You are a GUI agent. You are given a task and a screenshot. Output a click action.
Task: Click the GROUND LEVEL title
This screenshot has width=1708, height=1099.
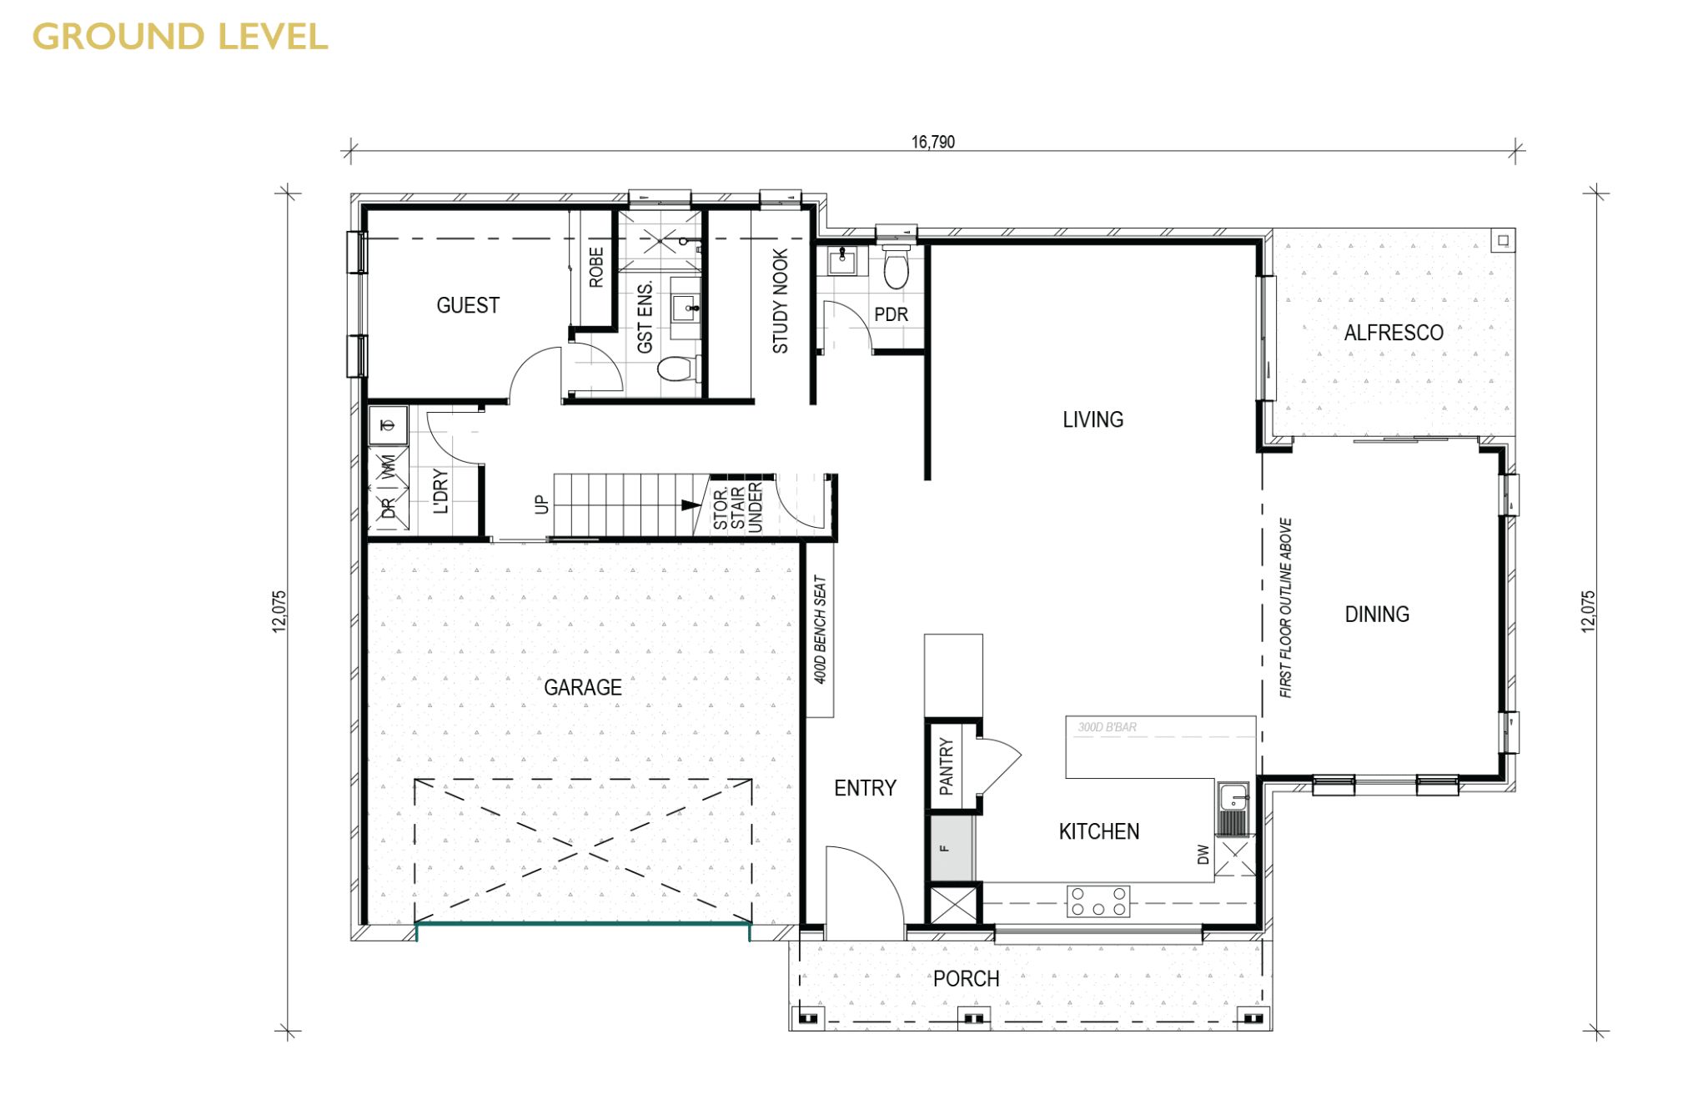(x=180, y=37)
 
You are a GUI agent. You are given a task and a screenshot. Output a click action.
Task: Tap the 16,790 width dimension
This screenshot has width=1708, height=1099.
(x=932, y=142)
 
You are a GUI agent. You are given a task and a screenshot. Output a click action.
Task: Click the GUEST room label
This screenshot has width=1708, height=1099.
(x=468, y=305)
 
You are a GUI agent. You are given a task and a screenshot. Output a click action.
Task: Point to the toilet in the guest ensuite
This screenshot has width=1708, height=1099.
(x=679, y=368)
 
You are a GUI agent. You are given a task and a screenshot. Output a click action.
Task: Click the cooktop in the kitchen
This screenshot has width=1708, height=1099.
(x=1098, y=901)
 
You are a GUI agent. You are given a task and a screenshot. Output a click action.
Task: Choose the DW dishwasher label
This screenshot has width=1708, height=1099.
(x=1203, y=854)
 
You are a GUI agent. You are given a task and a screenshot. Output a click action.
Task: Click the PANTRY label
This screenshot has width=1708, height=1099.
(x=946, y=765)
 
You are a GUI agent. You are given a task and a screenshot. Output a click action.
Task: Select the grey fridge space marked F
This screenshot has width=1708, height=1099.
(x=952, y=847)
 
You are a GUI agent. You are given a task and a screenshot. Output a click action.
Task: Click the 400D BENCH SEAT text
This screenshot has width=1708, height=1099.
(x=820, y=630)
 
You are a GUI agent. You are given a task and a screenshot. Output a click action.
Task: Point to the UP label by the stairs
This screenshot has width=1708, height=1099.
(x=541, y=504)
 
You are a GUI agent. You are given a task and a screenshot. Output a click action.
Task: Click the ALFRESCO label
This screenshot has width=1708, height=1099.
(x=1394, y=333)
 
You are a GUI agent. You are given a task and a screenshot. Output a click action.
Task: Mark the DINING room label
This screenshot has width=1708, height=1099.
(x=1377, y=615)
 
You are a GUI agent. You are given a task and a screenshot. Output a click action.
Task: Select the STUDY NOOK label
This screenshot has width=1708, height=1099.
(x=780, y=301)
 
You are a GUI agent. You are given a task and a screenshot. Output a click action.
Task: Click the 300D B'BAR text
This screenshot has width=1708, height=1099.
(x=1107, y=727)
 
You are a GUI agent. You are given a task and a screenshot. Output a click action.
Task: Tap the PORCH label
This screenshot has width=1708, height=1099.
(x=966, y=979)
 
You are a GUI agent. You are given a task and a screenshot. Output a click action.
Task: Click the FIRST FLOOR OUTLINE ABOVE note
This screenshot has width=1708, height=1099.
(x=1285, y=608)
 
